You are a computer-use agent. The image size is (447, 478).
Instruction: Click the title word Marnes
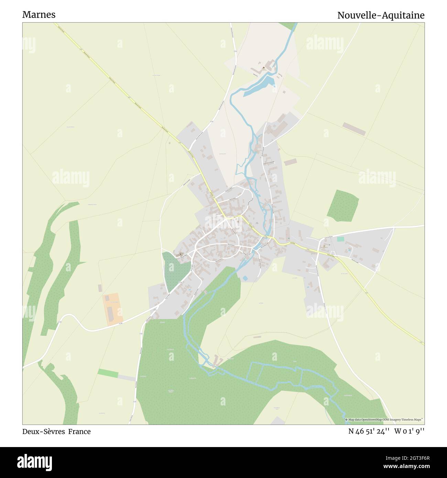[x=39, y=15]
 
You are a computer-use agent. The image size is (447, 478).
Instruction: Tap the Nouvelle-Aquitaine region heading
[x=381, y=15]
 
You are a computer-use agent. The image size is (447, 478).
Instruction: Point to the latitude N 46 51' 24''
[x=369, y=432]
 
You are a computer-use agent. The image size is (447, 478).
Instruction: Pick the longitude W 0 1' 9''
[x=410, y=432]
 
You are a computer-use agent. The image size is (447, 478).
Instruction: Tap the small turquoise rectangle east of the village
[x=340, y=239]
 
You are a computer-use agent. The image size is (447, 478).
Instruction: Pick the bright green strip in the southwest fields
[x=108, y=373]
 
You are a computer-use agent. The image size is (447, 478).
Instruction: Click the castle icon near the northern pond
[x=264, y=68]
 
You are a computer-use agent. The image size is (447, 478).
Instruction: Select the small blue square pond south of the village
[x=245, y=278]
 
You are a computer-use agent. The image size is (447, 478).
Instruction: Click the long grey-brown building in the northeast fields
[x=354, y=129]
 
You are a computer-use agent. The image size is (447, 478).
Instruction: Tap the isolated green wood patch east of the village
[x=342, y=205]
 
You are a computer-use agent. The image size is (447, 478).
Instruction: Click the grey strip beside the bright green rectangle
[x=127, y=378]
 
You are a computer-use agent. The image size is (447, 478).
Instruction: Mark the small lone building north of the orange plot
[x=100, y=287]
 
